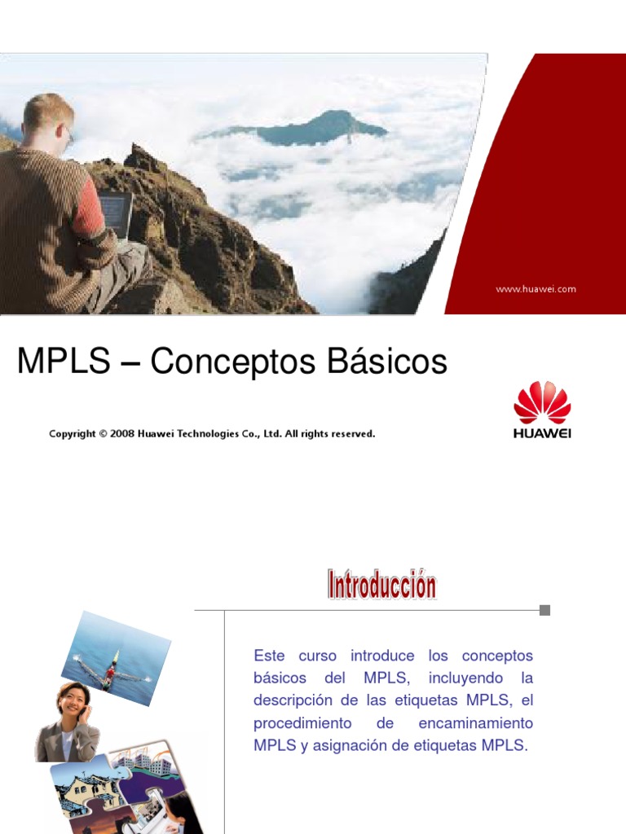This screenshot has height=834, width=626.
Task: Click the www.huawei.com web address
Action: click(536, 289)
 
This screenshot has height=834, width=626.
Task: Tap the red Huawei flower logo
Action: click(542, 402)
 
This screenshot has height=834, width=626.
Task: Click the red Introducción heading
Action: click(381, 586)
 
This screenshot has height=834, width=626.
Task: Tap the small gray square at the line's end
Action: click(544, 610)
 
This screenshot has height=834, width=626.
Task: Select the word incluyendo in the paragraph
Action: click(463, 678)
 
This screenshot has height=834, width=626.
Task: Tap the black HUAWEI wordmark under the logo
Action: click(542, 433)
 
